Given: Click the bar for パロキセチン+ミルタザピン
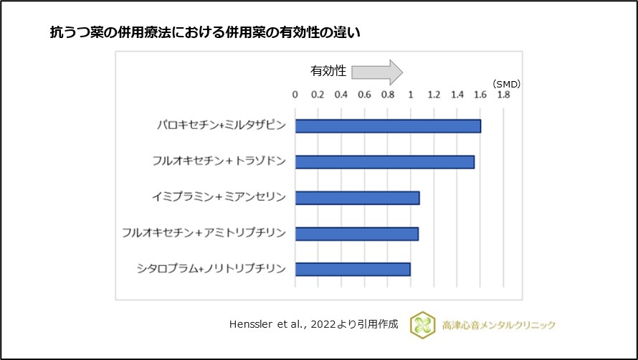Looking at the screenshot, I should [388, 126].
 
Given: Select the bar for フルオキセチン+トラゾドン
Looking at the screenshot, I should [384, 162].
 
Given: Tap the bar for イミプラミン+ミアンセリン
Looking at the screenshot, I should [357, 197].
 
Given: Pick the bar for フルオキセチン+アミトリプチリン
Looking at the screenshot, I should [356, 233].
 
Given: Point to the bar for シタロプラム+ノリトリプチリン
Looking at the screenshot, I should [353, 269].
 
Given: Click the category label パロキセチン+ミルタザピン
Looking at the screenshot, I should [222, 126].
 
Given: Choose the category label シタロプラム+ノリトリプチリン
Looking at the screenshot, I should [211, 269].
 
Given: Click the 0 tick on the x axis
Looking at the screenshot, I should [295, 95].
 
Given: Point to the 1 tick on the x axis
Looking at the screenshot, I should [411, 95].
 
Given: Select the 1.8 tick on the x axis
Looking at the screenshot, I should [503, 95].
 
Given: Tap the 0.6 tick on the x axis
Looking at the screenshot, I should [364, 95].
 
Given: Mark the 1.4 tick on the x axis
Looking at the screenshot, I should [457, 95].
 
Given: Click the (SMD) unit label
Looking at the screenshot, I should [507, 84].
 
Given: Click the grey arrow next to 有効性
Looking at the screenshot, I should [377, 72].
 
